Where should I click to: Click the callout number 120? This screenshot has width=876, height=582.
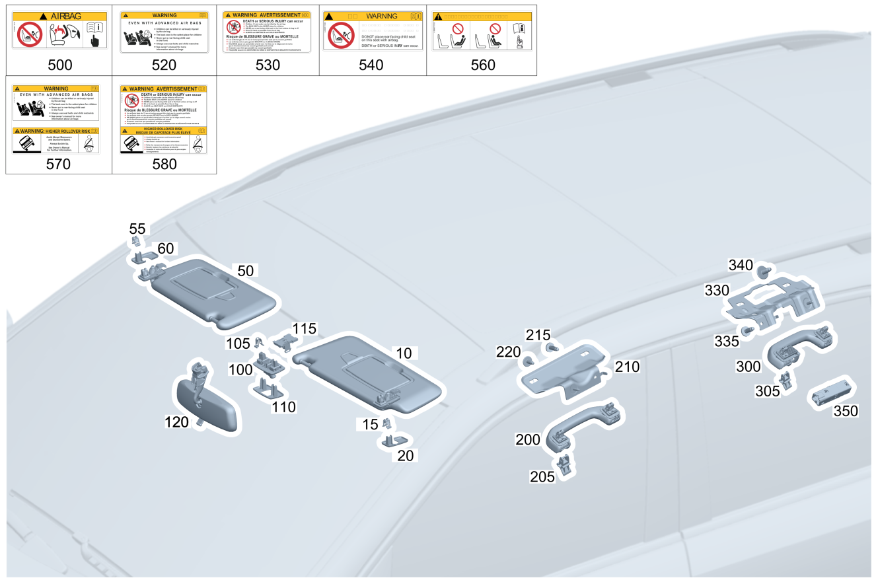[176, 421]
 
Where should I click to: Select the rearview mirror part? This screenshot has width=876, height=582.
[205, 402]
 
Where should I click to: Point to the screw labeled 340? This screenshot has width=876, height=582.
[763, 271]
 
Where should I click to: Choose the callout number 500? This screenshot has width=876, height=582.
[59, 65]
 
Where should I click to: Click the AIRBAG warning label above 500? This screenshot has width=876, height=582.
[59, 30]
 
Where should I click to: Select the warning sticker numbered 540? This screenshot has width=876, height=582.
[373, 30]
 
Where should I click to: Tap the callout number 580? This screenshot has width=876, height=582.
[164, 164]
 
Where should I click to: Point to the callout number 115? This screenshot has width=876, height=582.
[305, 328]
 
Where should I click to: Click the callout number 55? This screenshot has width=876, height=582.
[137, 229]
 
